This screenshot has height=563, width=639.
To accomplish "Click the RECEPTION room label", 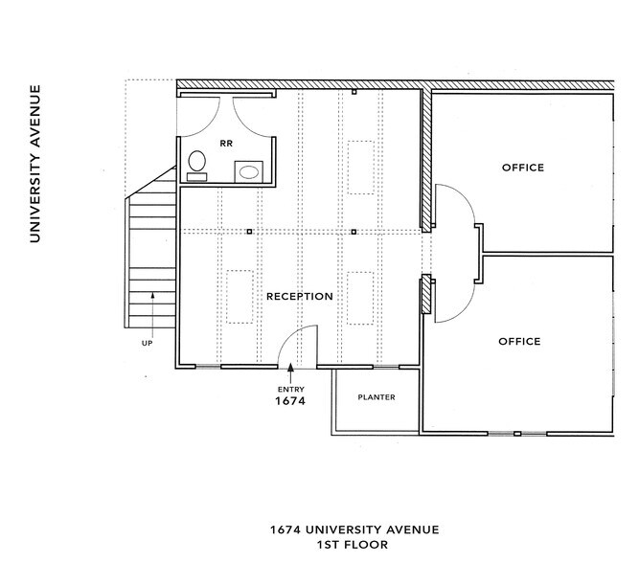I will [300, 296].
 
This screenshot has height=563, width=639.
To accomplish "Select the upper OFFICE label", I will [522, 168].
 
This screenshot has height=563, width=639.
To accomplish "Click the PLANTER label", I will [376, 397].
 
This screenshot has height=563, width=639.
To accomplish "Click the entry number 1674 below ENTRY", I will [291, 402].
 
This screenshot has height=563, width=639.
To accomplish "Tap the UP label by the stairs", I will [148, 342].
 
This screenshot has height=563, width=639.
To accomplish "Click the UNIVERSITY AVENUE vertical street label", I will [34, 164].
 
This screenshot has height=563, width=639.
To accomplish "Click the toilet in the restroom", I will [197, 164].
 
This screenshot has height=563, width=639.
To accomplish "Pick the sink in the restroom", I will [249, 172].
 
